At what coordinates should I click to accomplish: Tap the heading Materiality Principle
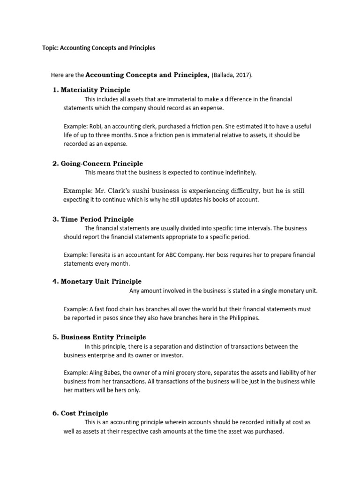(x=96, y=90)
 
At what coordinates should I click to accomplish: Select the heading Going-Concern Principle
(x=102, y=164)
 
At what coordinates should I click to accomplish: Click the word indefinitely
(x=236, y=172)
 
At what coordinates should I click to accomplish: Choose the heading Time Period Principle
(x=97, y=219)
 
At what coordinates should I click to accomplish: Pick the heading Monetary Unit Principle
(x=101, y=281)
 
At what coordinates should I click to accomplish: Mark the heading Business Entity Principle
(x=103, y=337)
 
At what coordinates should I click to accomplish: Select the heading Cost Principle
(x=84, y=413)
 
